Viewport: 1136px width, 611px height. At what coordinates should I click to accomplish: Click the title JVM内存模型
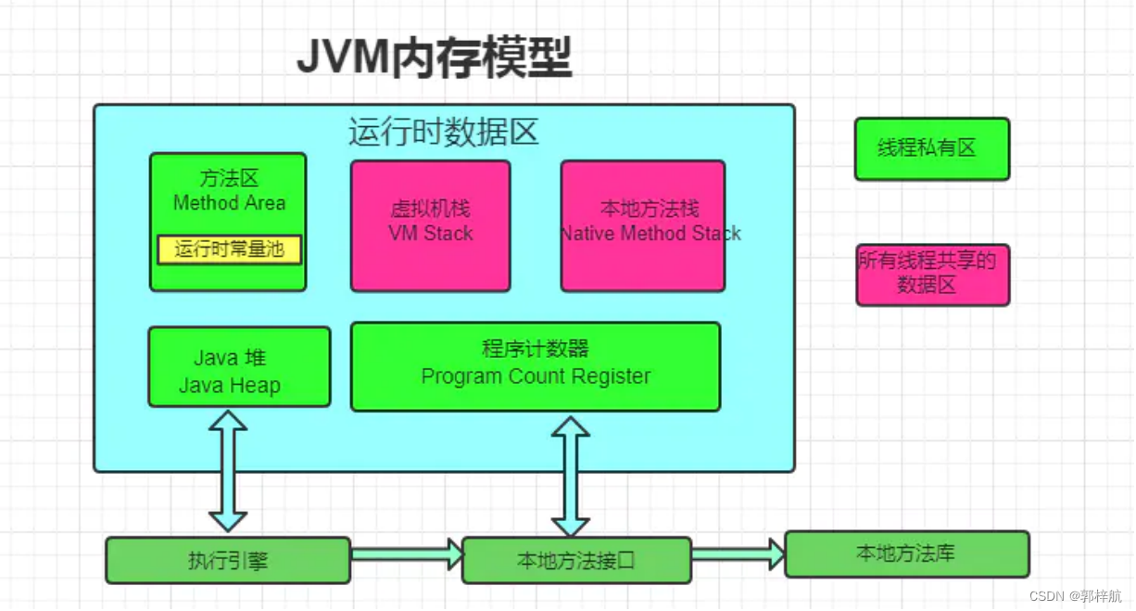pyautogui.click(x=434, y=57)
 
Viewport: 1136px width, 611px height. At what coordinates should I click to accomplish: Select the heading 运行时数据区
pyautogui.click(x=443, y=132)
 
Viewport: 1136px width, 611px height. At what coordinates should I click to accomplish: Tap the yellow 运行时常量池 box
pyautogui.click(x=229, y=249)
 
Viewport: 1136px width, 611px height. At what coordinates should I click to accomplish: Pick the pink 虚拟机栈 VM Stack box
pyautogui.click(x=430, y=225)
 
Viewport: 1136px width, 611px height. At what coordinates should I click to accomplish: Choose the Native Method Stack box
pyautogui.click(x=642, y=225)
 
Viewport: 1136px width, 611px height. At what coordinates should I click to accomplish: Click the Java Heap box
pyautogui.click(x=239, y=366)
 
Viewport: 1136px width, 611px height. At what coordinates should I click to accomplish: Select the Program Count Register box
pyautogui.click(x=535, y=366)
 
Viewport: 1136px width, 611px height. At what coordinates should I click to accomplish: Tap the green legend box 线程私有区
pyautogui.click(x=931, y=148)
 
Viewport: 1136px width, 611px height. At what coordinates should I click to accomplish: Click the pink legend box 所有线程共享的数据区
pyautogui.click(x=932, y=274)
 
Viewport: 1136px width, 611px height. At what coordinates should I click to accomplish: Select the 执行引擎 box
pyautogui.click(x=228, y=560)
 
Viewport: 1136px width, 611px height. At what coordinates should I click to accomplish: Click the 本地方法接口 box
pyautogui.click(x=576, y=560)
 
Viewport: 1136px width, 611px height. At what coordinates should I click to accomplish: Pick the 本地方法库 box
pyautogui.click(x=906, y=554)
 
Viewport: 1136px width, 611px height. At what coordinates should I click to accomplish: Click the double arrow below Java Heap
pyautogui.click(x=228, y=470)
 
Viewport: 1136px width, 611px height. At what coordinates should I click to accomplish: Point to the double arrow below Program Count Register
pyautogui.click(x=571, y=476)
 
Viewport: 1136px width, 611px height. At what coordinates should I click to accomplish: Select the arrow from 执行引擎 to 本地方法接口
pyautogui.click(x=406, y=554)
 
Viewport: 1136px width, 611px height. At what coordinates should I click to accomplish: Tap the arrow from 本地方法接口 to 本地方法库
pyautogui.click(x=738, y=554)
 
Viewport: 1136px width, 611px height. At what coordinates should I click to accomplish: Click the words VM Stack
pyautogui.click(x=430, y=234)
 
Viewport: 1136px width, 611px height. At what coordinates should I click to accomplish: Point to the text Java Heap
pyautogui.click(x=229, y=386)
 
